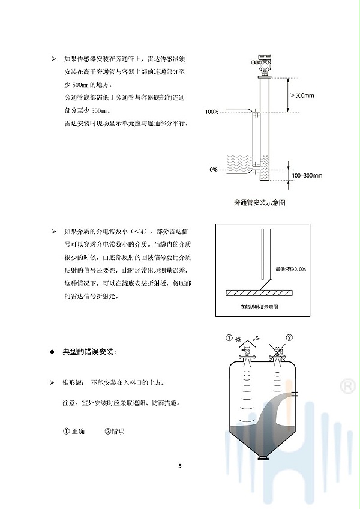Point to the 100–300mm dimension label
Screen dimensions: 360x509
point(307,175)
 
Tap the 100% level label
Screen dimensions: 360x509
point(211,112)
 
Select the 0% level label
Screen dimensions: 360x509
point(214,170)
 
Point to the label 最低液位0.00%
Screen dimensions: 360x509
point(290,270)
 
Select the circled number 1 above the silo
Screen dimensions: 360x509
point(229,338)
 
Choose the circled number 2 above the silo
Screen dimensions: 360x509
point(289,338)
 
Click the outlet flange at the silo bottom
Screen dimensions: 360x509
point(262,459)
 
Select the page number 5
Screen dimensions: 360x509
point(180,466)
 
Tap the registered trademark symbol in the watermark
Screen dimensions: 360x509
point(346,385)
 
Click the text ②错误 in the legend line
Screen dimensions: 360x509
point(114,431)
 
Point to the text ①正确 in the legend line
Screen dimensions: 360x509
point(74,431)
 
